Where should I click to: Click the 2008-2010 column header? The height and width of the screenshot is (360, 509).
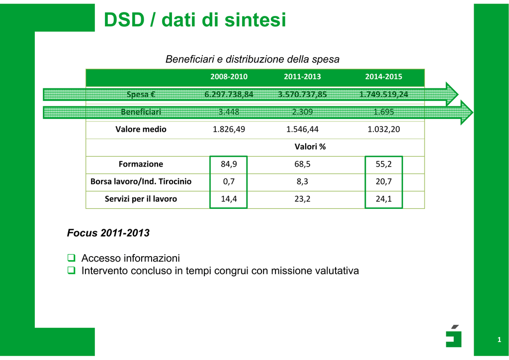pyautogui.click(x=229, y=77)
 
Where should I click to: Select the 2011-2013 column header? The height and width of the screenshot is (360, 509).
pyautogui.click(x=302, y=77)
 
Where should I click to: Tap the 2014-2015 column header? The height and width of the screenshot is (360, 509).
pyautogui.click(x=383, y=77)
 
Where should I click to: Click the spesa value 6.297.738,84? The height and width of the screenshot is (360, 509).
pyautogui.click(x=229, y=94)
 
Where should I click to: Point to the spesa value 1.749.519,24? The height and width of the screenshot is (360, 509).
pyautogui.click(x=383, y=94)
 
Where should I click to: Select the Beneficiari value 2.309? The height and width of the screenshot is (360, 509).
pyautogui.click(x=302, y=112)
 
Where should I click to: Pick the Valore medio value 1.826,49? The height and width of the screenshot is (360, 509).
pyautogui.click(x=229, y=129)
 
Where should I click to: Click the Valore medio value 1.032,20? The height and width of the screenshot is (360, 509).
pyautogui.click(x=383, y=129)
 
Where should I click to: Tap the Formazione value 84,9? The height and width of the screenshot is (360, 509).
pyautogui.click(x=229, y=164)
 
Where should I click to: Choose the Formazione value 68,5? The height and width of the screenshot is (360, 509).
pyautogui.click(x=302, y=164)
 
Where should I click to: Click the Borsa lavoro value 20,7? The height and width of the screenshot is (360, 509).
pyautogui.click(x=383, y=181)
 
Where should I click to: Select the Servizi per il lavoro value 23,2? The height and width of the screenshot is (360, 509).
pyautogui.click(x=302, y=199)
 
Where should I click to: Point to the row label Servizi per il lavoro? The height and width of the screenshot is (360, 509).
pyautogui.click(x=141, y=199)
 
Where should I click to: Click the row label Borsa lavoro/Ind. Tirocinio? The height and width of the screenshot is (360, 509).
pyautogui.click(x=141, y=181)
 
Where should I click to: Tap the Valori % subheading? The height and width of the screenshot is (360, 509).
pyautogui.click(x=310, y=147)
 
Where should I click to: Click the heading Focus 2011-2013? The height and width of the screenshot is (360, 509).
pyautogui.click(x=108, y=233)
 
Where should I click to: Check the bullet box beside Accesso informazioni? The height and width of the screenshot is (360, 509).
pyautogui.click(x=71, y=258)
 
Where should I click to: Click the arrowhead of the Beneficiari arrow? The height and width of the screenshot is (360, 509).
pyautogui.click(x=467, y=112)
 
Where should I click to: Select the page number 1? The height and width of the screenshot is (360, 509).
pyautogui.click(x=499, y=340)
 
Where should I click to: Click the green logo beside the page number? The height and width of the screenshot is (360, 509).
pyautogui.click(x=453, y=336)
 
